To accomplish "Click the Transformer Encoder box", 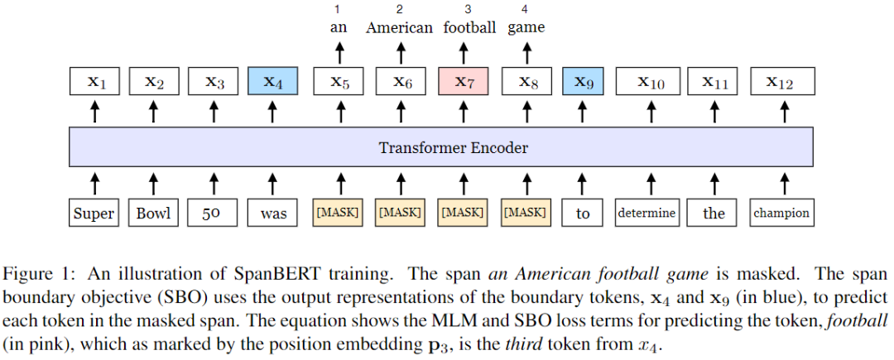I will [x=453, y=148].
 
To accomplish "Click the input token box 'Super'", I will [x=94, y=214].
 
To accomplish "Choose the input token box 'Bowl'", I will [x=153, y=214].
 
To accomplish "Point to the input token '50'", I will [x=214, y=214].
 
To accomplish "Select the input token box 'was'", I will [x=272, y=214].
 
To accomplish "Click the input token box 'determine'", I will [x=646, y=214].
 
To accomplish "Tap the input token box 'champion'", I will [x=781, y=214].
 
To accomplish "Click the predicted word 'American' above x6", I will [x=399, y=27].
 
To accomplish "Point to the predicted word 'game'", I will [x=526, y=28].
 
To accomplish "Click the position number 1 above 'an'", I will [x=338, y=9].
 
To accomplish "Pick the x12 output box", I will [x=782, y=81].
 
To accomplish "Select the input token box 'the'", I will [x=714, y=214].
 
